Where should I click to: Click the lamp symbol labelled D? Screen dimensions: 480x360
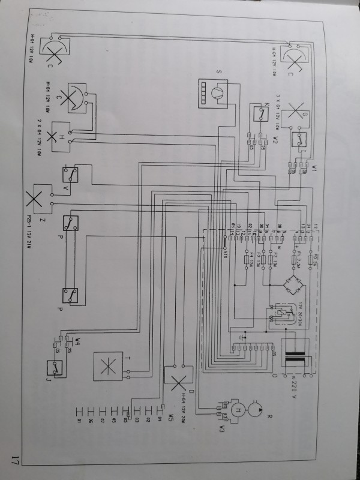[x=179, y=379]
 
